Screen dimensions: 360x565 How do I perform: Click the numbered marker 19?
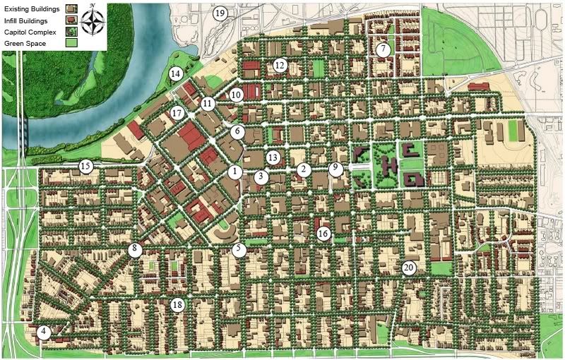(220, 13)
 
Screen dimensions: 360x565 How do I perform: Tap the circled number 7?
(383, 49)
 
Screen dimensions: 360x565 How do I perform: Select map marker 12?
(280, 66)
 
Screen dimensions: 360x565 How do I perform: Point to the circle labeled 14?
(175, 73)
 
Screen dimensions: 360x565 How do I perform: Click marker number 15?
(86, 167)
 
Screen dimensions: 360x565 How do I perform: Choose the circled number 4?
(44, 332)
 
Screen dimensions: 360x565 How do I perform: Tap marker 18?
(177, 305)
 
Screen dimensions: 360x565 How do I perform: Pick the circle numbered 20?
(408, 268)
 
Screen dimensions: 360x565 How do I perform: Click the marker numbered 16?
(323, 233)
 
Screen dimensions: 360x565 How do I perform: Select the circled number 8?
(135, 249)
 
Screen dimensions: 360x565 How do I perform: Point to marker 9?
(335, 168)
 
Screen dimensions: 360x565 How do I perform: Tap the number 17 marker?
(177, 113)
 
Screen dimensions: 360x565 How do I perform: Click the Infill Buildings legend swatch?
(71, 20)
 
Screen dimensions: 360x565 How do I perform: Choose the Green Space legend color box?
(71, 44)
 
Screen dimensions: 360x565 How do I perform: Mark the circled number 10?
(236, 94)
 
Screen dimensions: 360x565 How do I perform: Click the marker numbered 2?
(304, 169)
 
